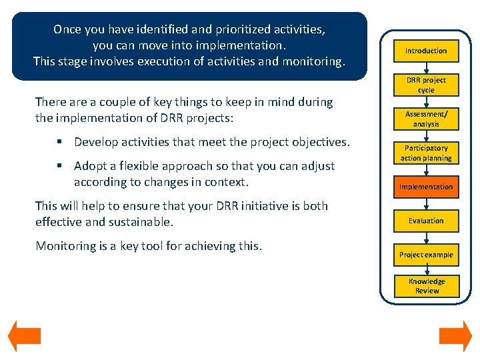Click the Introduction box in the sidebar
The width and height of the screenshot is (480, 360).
click(x=426, y=51)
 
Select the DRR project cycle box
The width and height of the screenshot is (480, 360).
click(x=426, y=85)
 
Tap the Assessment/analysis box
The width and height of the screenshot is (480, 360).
click(x=426, y=119)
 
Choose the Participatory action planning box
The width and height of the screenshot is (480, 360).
click(x=426, y=153)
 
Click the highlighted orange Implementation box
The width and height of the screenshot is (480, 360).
click(x=426, y=187)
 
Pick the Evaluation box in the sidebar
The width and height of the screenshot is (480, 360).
click(x=426, y=221)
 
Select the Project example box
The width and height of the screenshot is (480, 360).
click(x=426, y=255)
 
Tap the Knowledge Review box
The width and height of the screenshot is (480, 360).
click(x=426, y=286)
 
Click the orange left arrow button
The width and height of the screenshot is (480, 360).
click(x=25, y=337)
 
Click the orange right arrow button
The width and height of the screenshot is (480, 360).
click(x=455, y=337)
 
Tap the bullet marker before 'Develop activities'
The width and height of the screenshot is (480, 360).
click(x=61, y=142)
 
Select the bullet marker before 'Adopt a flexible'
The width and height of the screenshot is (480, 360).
click(x=61, y=166)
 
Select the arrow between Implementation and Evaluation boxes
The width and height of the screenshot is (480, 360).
click(x=426, y=203)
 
